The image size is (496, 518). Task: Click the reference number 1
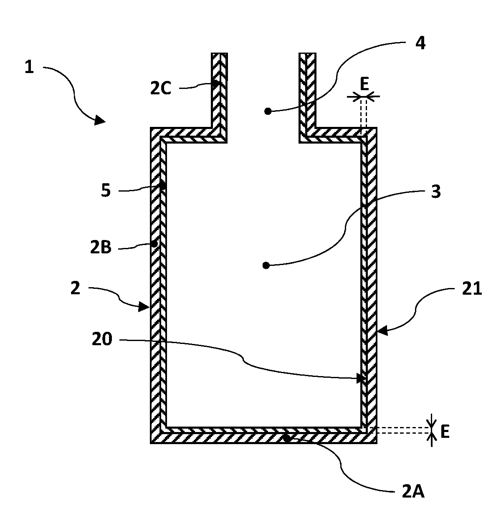29,67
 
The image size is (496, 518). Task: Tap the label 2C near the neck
161,89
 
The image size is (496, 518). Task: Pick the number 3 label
435,192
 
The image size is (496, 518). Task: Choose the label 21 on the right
472,288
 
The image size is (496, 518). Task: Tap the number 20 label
102,340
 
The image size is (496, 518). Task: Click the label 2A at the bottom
413,492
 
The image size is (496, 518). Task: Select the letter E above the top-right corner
364,85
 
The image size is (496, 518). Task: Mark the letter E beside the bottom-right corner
445,433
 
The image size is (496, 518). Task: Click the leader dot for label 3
266,265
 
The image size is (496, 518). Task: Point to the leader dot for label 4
268,111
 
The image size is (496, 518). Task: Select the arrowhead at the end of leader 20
362,379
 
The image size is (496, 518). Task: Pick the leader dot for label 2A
287,438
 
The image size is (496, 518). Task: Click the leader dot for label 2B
154,243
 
